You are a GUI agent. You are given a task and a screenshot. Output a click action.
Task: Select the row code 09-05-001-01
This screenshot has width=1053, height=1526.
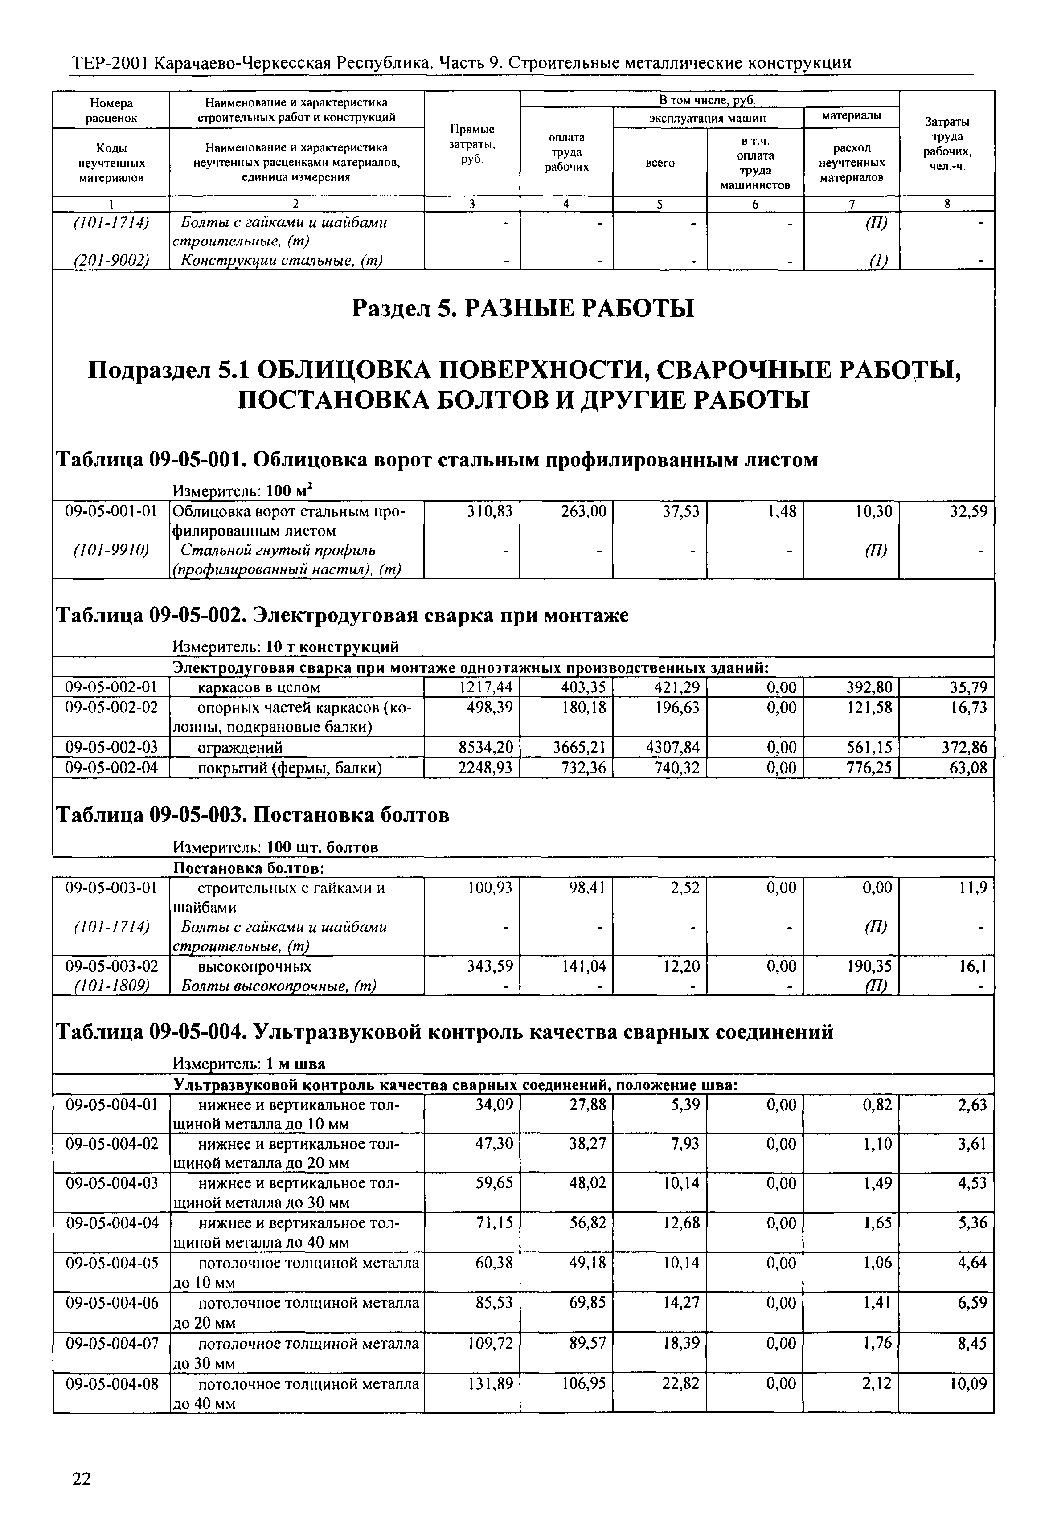click(x=111, y=511)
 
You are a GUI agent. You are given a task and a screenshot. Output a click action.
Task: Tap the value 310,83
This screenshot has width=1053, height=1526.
click(x=490, y=511)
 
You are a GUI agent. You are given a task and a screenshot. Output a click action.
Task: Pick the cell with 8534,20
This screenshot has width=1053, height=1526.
click(x=486, y=747)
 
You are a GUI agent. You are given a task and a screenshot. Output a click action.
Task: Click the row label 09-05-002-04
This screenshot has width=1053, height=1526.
click(x=111, y=768)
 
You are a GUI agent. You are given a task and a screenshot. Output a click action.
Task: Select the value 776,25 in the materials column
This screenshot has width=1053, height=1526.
click(x=869, y=768)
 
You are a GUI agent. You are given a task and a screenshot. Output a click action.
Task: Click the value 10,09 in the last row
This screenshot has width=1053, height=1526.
click(x=968, y=1383)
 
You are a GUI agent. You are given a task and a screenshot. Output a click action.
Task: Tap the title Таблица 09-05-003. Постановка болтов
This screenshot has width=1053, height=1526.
click(x=252, y=816)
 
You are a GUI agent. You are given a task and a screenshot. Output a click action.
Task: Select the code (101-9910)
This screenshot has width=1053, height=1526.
click(x=111, y=550)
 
